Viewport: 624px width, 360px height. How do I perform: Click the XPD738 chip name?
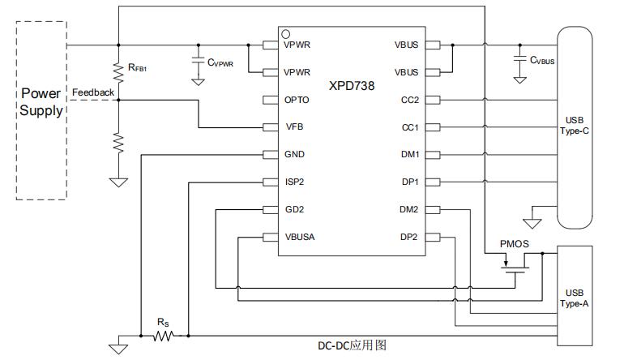352,86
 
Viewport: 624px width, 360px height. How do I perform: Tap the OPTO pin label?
297,100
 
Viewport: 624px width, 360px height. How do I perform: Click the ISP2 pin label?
294,182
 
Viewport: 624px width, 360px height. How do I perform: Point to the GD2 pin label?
293,210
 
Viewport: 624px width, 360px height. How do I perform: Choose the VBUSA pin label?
300,238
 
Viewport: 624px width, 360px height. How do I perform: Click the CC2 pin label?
409,100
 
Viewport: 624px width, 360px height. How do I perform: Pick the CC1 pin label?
409,127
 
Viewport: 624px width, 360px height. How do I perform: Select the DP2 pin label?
408,238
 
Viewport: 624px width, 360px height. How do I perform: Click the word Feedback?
92,92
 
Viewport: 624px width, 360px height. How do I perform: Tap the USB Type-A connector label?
575,298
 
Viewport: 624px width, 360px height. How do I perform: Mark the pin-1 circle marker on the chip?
286,34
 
